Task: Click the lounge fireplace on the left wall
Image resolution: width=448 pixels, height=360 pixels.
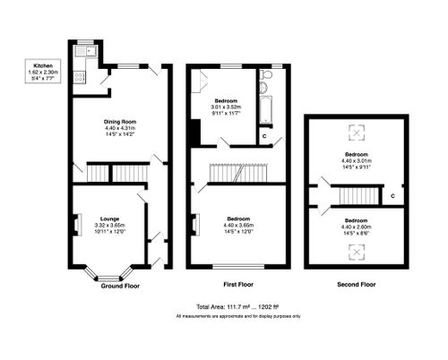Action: click(x=75, y=224)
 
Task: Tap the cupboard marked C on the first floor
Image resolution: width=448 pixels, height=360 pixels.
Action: click(x=264, y=136)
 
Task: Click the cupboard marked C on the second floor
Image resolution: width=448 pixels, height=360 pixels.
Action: click(x=392, y=194)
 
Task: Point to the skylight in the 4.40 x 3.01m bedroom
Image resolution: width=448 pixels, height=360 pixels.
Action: click(x=357, y=133)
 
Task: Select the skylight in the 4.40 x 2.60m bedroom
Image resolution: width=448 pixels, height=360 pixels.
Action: click(x=356, y=254)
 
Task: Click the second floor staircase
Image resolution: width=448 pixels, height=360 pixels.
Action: click(x=356, y=194)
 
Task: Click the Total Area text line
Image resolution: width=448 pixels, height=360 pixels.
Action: click(x=237, y=306)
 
